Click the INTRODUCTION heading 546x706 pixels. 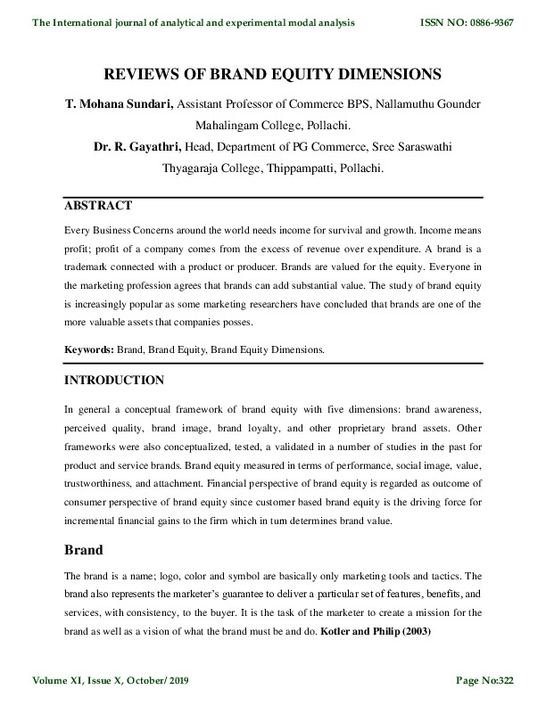coord(114,381)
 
